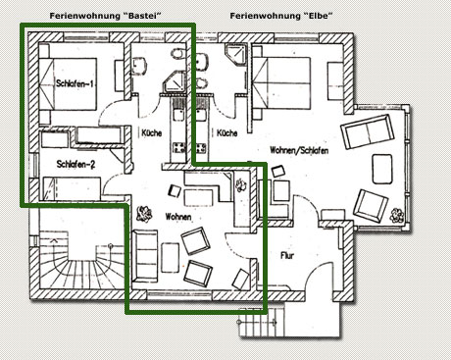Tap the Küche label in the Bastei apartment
tap(151, 132)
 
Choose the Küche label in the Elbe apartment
tap(226, 132)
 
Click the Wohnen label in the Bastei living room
tap(177, 217)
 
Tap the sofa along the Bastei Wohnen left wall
tap(143, 256)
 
